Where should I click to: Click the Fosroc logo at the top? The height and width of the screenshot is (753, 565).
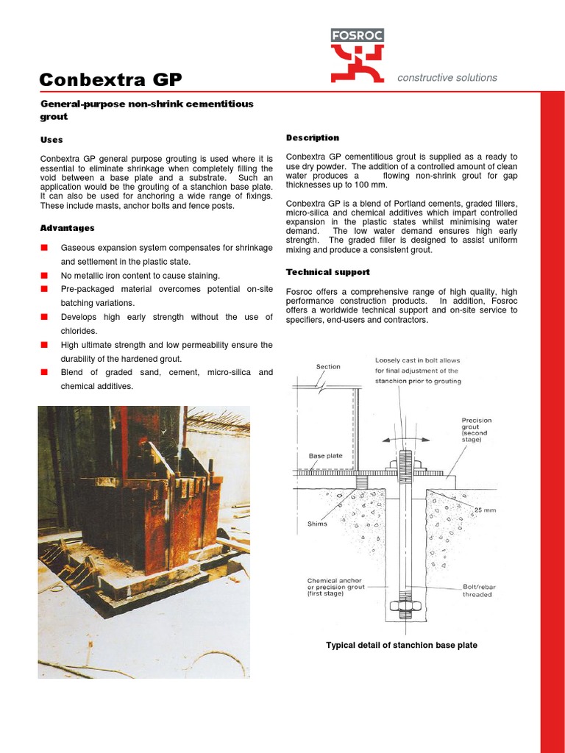(x=357, y=54)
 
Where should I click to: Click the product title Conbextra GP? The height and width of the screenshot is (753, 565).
(x=110, y=79)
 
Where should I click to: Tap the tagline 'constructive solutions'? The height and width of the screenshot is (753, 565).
(x=447, y=77)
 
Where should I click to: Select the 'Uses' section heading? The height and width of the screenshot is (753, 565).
(x=51, y=140)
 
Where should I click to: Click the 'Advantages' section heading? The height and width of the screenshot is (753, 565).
(x=67, y=228)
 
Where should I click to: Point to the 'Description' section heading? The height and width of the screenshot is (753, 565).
(x=312, y=138)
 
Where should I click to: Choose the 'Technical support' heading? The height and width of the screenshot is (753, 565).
(x=327, y=272)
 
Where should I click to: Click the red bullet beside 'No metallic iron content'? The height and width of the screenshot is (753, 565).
(x=44, y=275)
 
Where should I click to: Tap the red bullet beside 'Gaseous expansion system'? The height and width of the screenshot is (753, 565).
(x=44, y=247)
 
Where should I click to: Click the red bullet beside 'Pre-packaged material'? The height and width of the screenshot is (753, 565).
(x=44, y=289)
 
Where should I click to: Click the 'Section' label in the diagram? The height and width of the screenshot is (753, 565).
(x=328, y=366)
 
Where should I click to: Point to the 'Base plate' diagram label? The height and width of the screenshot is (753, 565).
(x=325, y=456)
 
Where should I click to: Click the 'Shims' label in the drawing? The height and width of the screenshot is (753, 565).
(x=317, y=524)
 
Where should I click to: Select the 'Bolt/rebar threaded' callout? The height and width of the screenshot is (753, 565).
(x=479, y=590)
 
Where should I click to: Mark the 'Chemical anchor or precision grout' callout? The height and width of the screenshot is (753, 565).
(x=335, y=587)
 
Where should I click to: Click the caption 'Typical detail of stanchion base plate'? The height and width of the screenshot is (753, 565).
(x=401, y=645)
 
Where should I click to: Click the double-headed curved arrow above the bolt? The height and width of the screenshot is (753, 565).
(x=405, y=438)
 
